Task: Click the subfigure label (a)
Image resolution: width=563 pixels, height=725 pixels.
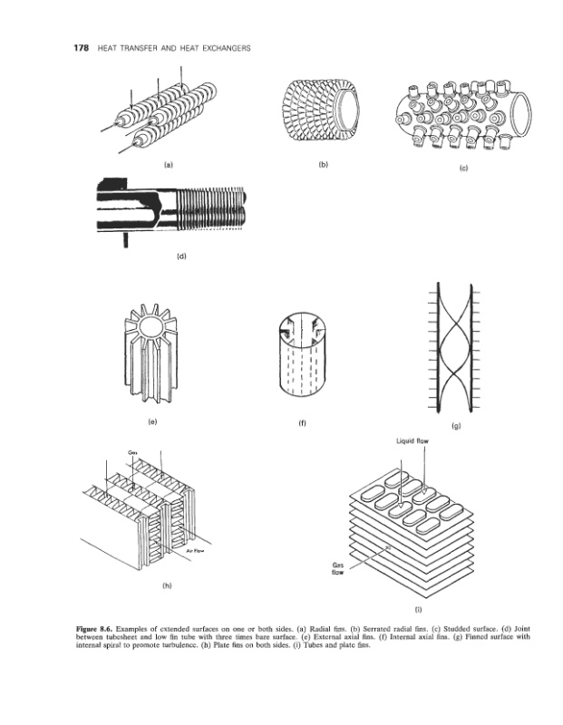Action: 168,167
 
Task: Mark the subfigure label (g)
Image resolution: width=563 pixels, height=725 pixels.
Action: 454,424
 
